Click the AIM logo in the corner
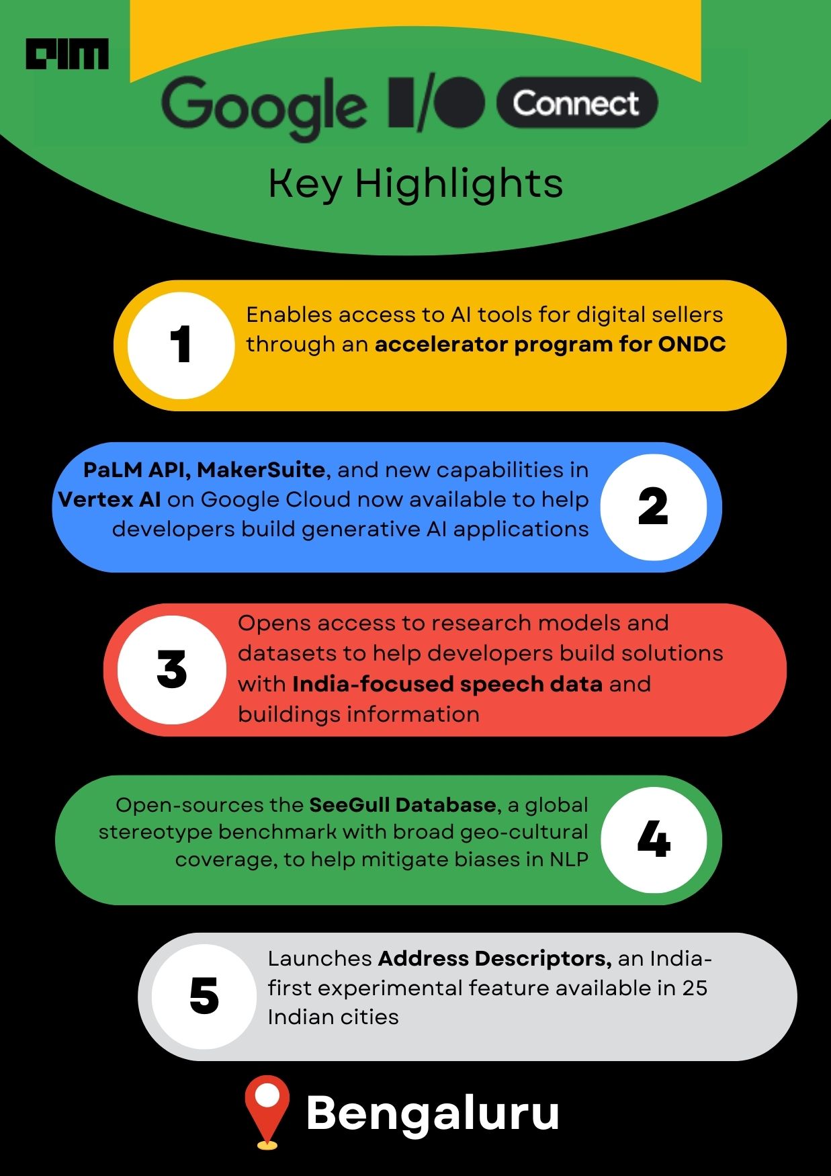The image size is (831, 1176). pos(67,54)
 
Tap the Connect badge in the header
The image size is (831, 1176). pos(576,103)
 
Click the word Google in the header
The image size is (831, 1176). pos(264,107)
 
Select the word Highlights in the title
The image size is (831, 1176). pos(459,183)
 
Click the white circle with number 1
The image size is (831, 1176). pos(181,345)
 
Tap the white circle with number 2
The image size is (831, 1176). pos(653,507)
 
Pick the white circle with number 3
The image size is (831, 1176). pos(172,670)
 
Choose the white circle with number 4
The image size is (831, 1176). pos(654,839)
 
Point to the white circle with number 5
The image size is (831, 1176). pos(204,997)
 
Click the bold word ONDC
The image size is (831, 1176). pos(692,344)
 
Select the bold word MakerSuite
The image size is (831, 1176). pos(262,470)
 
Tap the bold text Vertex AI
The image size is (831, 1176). pos(110,499)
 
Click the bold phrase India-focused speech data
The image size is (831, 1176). pos(447,684)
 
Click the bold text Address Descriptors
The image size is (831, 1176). pos(494,958)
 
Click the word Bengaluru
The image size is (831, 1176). pos(433,1113)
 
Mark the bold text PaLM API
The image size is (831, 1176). pos(137,470)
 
